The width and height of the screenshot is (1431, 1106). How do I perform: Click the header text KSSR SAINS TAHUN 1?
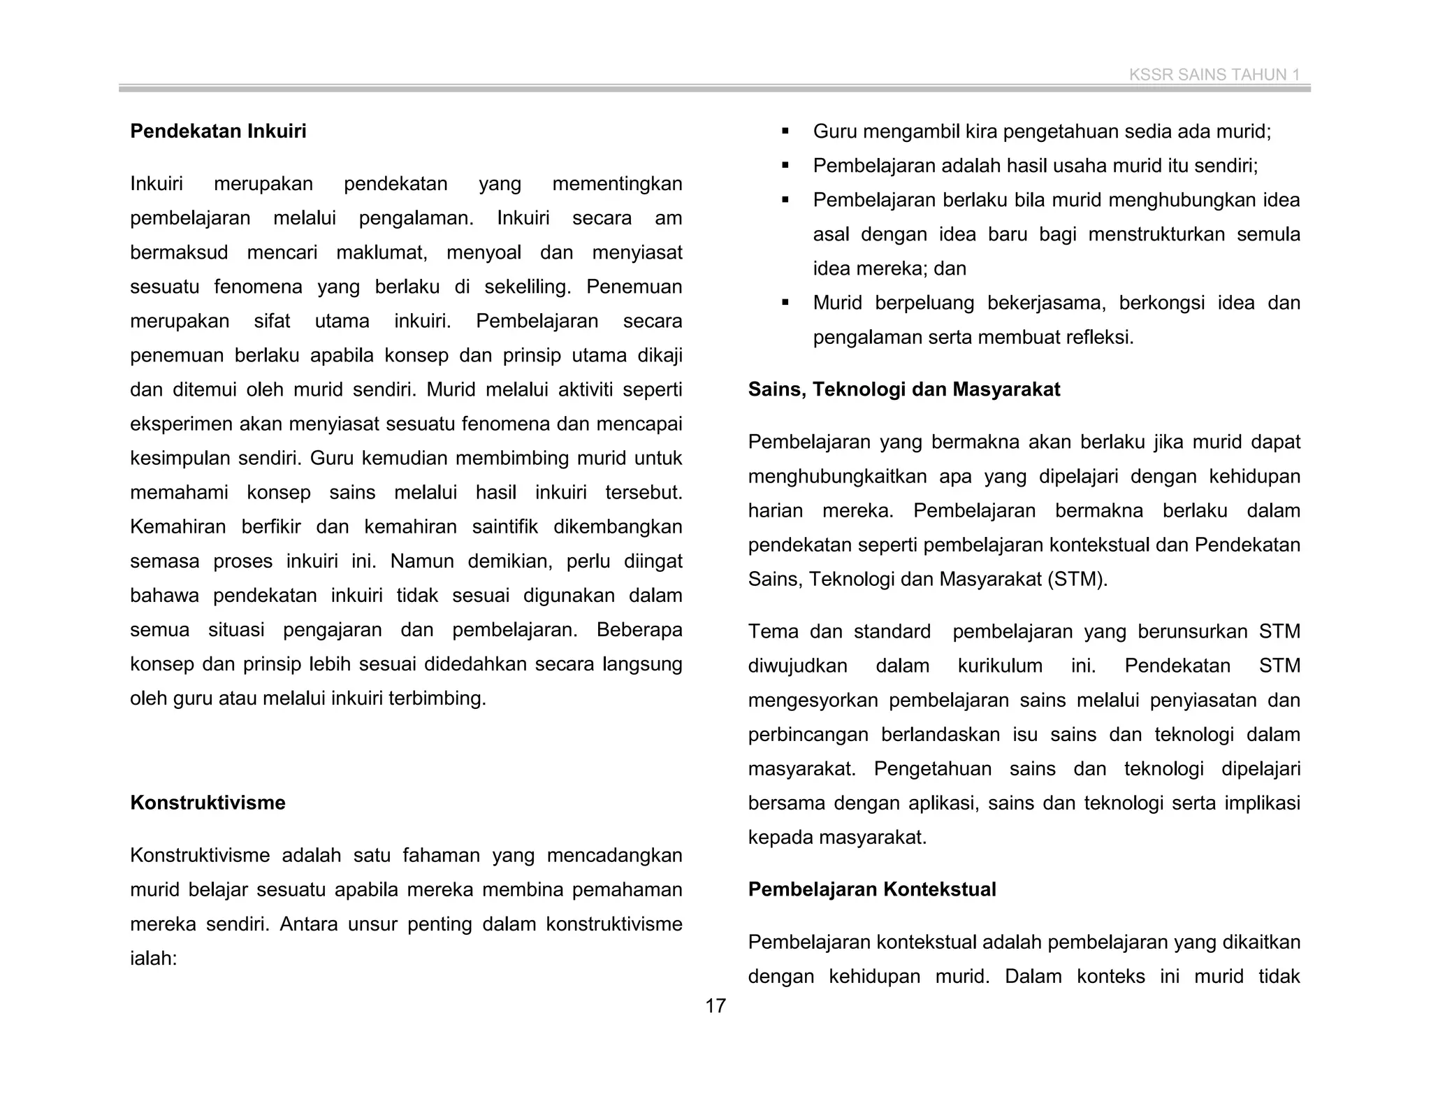tap(1214, 75)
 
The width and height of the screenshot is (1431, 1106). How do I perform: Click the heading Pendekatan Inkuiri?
tap(218, 131)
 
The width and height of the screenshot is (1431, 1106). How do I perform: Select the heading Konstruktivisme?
tap(208, 803)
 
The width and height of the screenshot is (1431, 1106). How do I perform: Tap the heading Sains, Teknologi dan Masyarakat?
tap(903, 389)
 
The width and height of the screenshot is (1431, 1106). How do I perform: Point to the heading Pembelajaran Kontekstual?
tap(871, 889)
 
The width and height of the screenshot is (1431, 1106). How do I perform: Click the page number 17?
tap(715, 1006)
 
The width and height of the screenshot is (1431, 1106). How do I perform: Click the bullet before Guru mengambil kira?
tap(785, 131)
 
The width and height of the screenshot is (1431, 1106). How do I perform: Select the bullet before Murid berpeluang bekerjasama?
tap(785, 303)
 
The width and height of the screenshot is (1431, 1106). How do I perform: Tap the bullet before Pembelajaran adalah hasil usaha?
tap(785, 166)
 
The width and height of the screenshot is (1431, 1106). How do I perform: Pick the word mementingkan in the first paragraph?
tap(617, 184)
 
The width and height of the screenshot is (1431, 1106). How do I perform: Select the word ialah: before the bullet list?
tap(154, 958)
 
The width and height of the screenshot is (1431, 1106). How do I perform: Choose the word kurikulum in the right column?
tap(1000, 666)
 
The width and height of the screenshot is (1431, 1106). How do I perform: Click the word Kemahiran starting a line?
tap(177, 526)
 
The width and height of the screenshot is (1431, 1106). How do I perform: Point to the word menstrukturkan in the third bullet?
tap(1156, 234)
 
